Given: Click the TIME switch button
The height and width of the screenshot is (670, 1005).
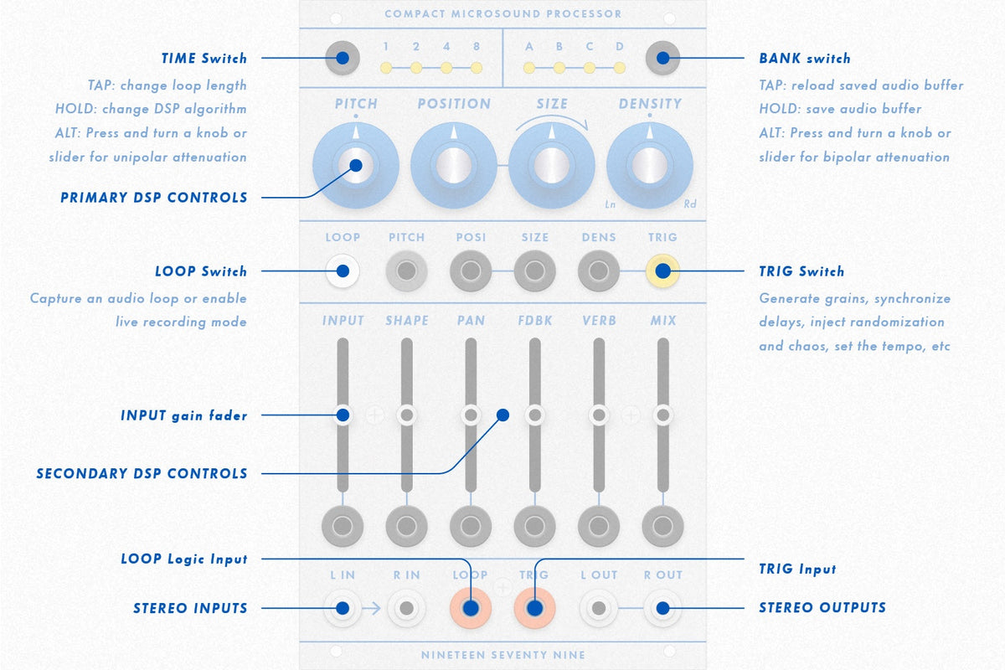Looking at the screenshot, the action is pos(343,58).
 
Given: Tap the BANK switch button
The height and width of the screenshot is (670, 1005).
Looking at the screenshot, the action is pos(662,58).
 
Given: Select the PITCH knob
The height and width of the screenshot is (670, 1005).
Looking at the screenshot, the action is pos(356,165).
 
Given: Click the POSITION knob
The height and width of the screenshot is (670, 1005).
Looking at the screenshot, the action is pos(454,165).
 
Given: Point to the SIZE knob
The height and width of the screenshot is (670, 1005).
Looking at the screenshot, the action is pos(552,165).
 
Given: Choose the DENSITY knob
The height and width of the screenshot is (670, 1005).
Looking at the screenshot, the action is pos(650,165).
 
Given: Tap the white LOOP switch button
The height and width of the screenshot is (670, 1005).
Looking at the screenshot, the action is pos(343,271).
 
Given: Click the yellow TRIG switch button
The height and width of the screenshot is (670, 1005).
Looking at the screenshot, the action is pos(662,271).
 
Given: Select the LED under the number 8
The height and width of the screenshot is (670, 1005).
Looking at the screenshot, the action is pos(477,68).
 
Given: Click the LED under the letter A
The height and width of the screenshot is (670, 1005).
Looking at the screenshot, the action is pos(529,68).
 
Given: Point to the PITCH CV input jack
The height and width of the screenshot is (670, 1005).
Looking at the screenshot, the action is pos(406,271).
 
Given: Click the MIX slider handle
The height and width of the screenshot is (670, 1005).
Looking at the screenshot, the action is pos(662,415).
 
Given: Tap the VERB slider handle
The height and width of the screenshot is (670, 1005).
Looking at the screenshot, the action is pos(599,415).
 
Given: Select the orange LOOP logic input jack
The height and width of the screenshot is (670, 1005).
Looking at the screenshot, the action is pos(471,608).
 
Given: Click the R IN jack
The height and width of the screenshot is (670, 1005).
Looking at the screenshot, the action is pos(406,608).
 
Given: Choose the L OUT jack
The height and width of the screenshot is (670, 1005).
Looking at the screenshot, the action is pos(599,608).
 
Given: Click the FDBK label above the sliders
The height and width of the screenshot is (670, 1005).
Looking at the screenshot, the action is pos(535,321).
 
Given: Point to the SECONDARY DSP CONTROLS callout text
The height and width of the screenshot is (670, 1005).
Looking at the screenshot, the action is pos(142,473).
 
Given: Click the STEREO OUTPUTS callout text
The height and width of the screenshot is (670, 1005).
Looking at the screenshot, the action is pos(822,608).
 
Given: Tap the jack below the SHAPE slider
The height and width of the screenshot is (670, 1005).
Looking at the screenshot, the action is pos(406,526).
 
